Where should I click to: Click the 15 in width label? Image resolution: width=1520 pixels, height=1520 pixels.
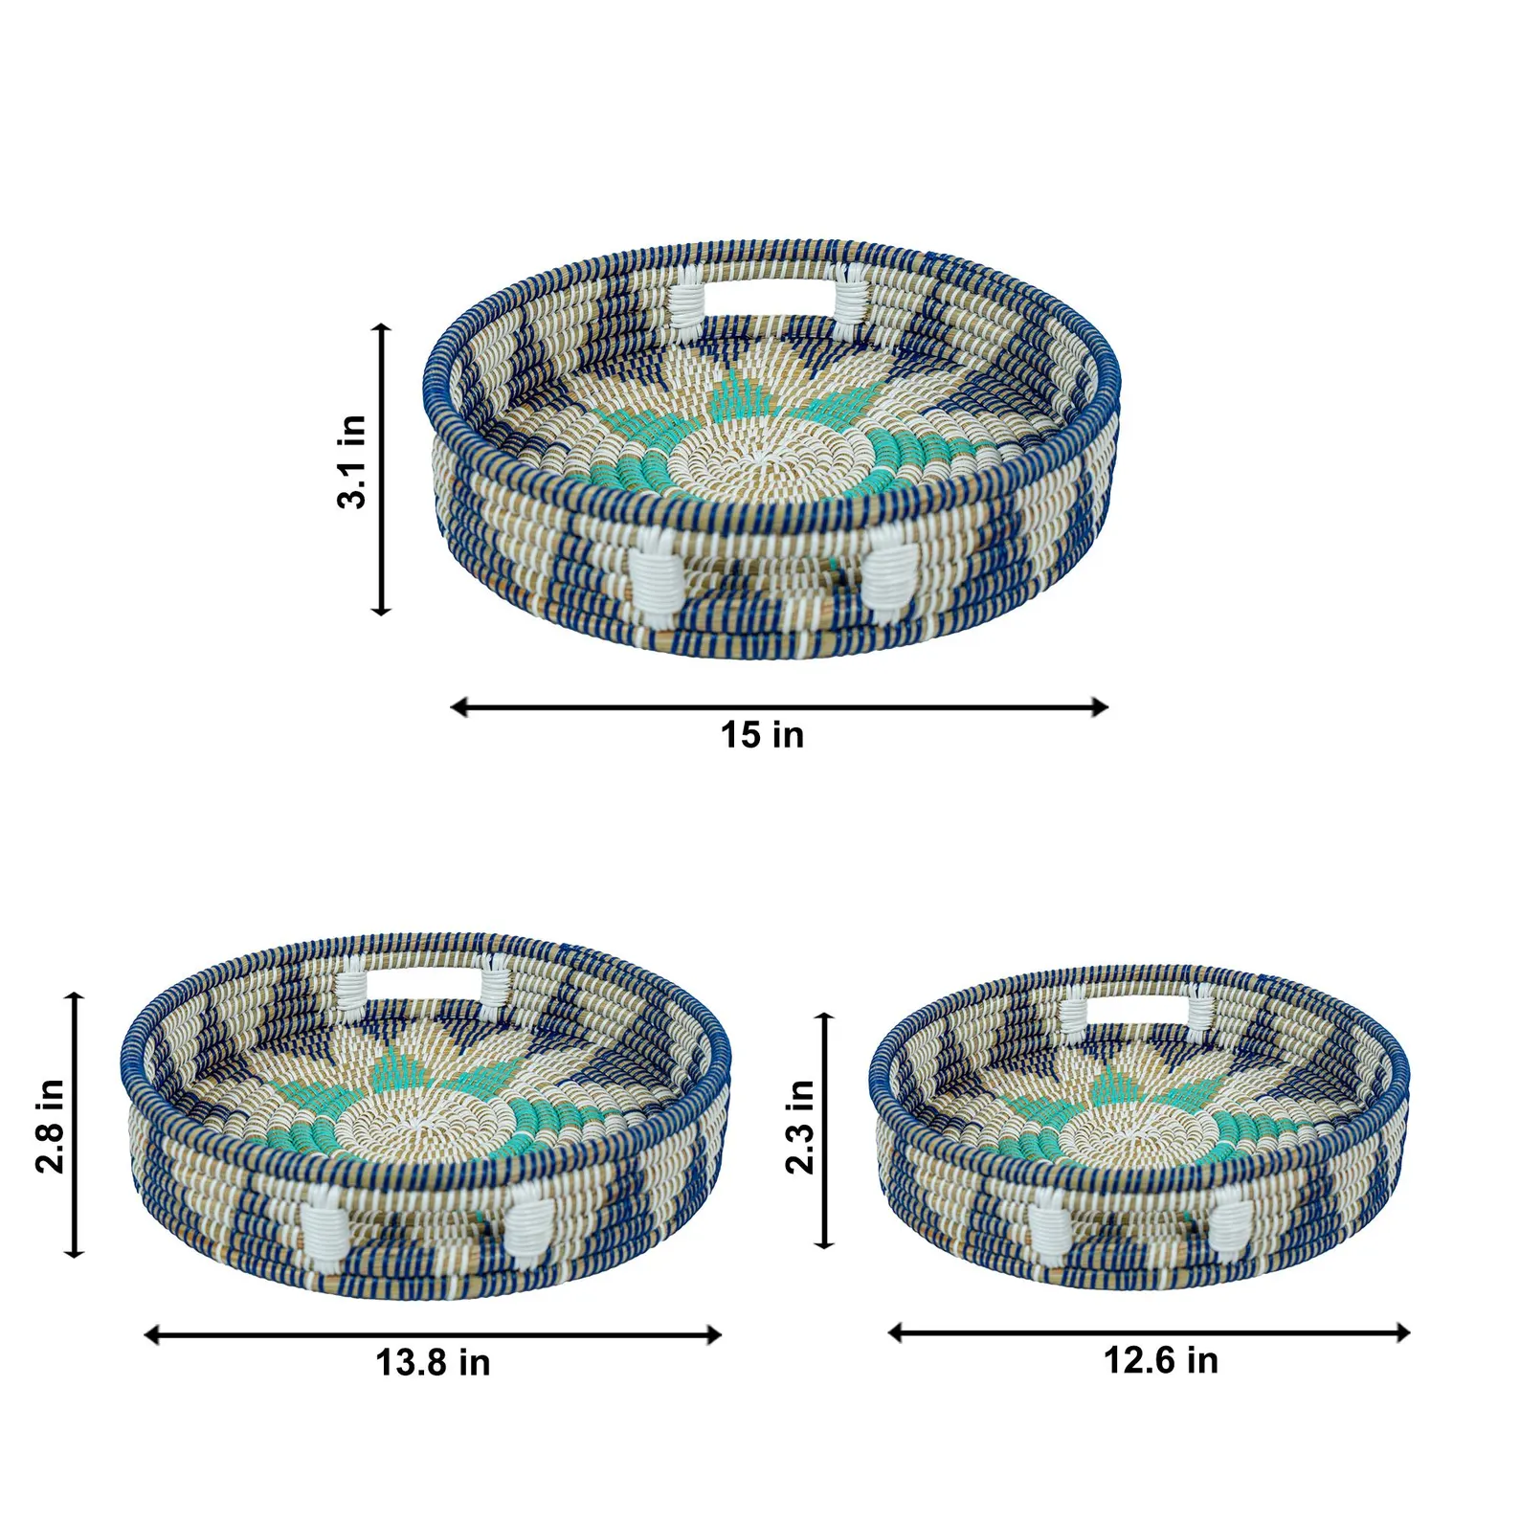(762, 735)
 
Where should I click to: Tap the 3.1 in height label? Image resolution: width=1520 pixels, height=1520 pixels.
(352, 462)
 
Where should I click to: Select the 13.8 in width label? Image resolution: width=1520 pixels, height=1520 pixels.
(433, 1363)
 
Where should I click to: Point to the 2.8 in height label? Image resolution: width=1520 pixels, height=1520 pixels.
(49, 1126)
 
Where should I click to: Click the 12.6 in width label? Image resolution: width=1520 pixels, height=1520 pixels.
(1161, 1360)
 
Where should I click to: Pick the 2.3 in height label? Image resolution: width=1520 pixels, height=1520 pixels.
(800, 1127)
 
